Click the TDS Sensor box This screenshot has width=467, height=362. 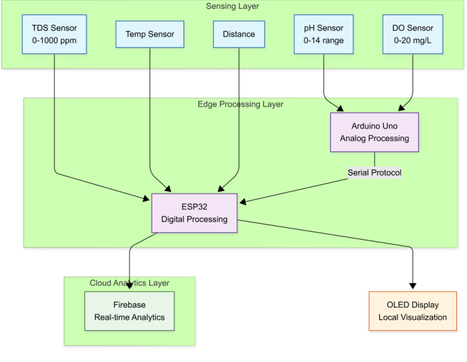(54, 34)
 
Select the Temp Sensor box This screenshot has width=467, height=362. (150, 34)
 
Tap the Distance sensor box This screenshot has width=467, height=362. (239, 34)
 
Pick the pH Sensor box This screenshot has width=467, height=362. (323, 34)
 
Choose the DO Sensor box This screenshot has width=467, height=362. (413, 34)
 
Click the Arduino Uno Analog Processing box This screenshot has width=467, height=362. (374, 132)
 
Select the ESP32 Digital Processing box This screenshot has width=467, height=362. (194, 213)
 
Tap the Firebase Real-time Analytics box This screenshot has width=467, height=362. (129, 311)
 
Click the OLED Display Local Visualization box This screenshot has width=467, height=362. (413, 311)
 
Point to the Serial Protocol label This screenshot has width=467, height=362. (374, 173)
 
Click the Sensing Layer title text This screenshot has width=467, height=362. (232, 6)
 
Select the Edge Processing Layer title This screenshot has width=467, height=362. (240, 104)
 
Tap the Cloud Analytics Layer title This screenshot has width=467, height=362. (129, 283)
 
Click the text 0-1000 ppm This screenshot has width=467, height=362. (54, 41)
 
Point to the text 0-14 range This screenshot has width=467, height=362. (323, 41)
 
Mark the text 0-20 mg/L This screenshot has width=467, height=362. (413, 41)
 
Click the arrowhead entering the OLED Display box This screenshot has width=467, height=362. (413, 288)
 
